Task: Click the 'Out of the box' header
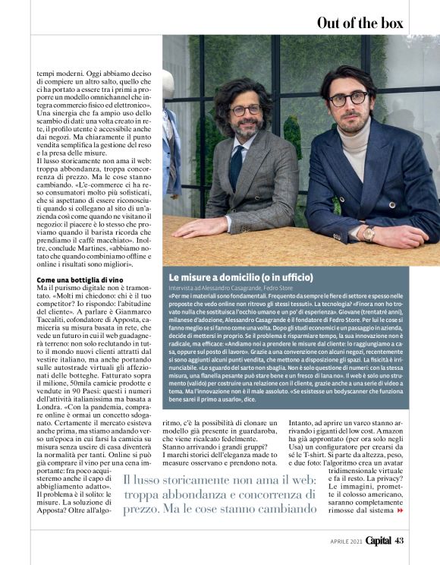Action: coord(360,22)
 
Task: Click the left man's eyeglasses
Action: coord(245,109)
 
